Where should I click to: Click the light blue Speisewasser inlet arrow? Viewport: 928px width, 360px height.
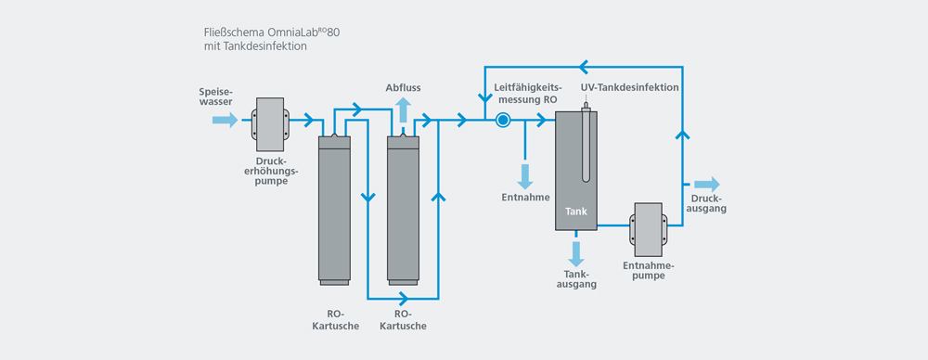click(x=225, y=120)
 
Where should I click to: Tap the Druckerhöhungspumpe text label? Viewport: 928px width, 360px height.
click(x=270, y=170)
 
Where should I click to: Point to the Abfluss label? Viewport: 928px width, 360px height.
click(x=404, y=87)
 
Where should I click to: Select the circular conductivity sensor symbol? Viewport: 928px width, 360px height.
click(x=503, y=120)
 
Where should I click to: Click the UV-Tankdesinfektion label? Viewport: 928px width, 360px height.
click(x=630, y=87)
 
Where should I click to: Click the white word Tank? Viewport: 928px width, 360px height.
click(x=576, y=212)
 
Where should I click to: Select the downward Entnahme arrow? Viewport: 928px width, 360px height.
click(x=525, y=176)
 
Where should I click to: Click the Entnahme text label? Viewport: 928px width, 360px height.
click(x=525, y=198)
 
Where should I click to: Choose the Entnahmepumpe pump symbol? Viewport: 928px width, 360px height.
click(x=647, y=225)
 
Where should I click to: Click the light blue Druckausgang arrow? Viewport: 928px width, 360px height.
click(x=707, y=184)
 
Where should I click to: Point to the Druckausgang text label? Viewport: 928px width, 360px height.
click(x=708, y=203)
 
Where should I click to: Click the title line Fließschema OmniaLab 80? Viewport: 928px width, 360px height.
click(x=277, y=32)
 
